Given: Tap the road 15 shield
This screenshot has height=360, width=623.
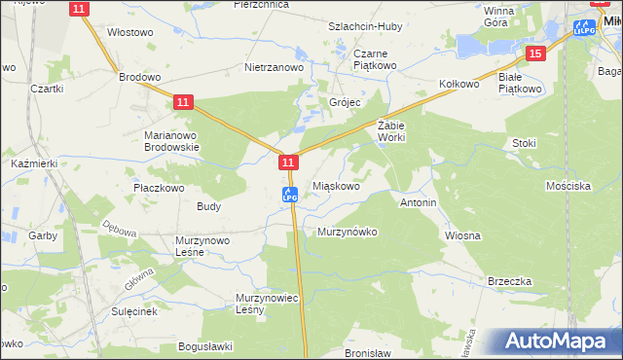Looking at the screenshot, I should pos(534,54).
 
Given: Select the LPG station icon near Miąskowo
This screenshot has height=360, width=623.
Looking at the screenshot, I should pos(289,195).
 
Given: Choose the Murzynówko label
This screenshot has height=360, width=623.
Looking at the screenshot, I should pos(348,233).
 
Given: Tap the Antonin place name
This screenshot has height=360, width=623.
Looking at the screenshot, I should pos(418,203).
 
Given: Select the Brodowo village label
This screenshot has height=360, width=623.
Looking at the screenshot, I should pos(139,76).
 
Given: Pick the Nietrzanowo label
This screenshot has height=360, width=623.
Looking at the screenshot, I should pos(275,69).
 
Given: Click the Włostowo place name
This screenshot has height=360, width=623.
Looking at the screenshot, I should pos(130,32).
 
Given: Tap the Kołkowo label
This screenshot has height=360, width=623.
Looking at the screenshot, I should pos(460,85).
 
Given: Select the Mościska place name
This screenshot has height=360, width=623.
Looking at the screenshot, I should pos(569,185).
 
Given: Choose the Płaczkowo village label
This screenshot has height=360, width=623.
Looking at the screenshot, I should pos(159,187).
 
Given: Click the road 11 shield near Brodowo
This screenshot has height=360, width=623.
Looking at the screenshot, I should pos(183,101).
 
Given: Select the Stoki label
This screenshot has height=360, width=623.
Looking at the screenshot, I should pos(524,143).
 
